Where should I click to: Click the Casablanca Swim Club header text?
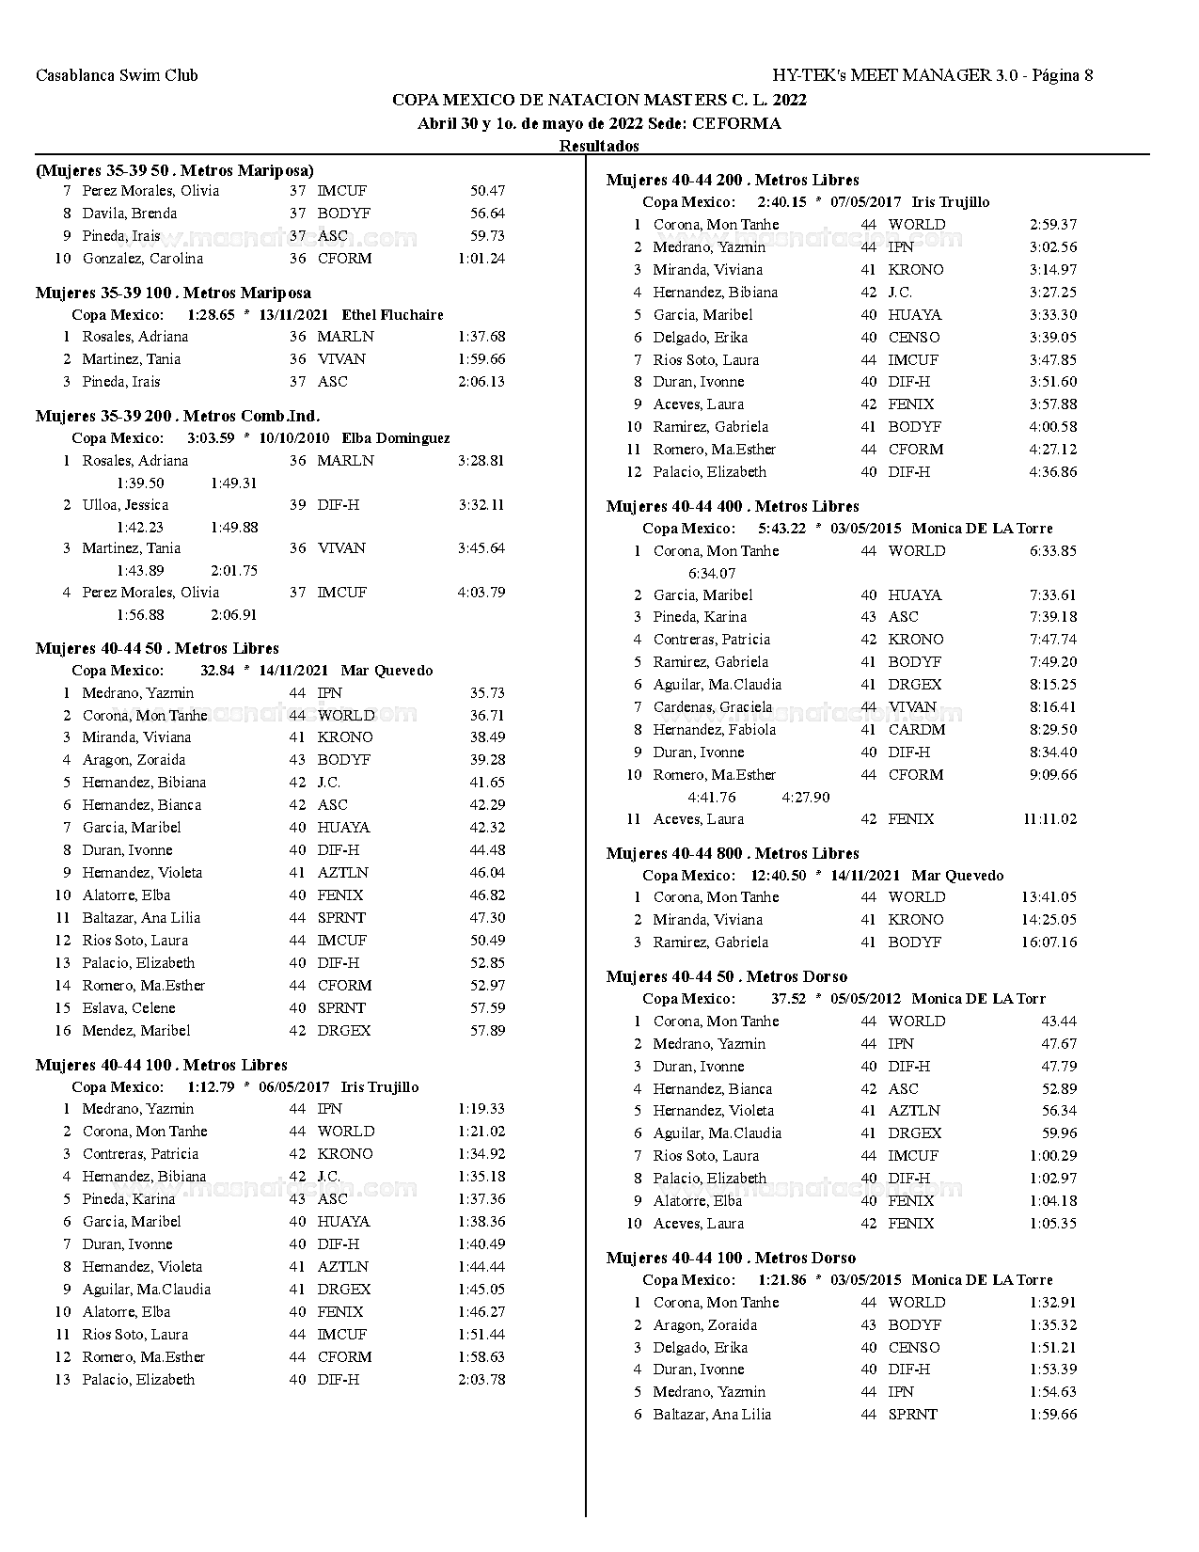pos(117,75)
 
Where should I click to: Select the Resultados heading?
pos(599,146)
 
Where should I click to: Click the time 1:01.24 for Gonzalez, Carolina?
pos(481,259)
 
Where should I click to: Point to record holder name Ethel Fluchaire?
pos(392,315)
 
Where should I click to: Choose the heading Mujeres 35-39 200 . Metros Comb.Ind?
pos(178,416)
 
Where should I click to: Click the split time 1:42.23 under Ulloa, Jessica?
pos(140,528)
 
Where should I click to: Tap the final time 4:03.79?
pos(481,593)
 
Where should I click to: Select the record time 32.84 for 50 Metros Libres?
pos(217,671)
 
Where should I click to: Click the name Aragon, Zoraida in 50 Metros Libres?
pos(134,760)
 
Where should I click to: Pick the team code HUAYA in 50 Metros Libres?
pos(343,828)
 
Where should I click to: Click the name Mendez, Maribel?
pos(135,1031)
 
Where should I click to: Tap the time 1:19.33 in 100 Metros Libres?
pos(481,1109)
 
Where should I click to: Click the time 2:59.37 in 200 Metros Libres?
pos(1053,225)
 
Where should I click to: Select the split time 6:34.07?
pos(712,573)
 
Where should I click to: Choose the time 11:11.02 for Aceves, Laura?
pos(1049,819)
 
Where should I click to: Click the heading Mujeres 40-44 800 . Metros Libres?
pos(733,854)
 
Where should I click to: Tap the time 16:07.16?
pos(1049,942)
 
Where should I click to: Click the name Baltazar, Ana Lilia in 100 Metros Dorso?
pos(712,1415)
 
